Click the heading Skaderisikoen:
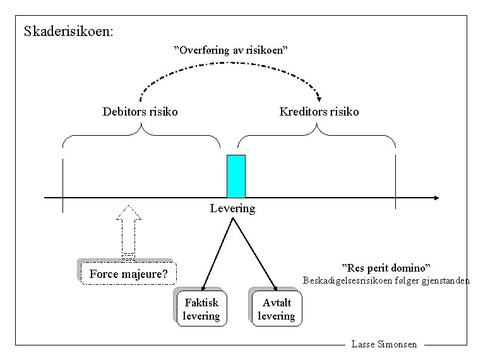(x=69, y=31)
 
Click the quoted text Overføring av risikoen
(x=231, y=49)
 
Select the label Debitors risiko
(x=140, y=112)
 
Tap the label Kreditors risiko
(x=319, y=112)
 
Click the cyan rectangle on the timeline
(x=236, y=176)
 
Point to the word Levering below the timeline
(x=232, y=208)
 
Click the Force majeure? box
(x=128, y=274)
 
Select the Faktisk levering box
(x=201, y=309)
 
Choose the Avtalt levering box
(x=277, y=309)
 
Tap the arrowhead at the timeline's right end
(x=435, y=198)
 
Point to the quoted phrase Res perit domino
(x=386, y=268)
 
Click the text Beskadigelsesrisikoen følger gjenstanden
(x=386, y=281)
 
